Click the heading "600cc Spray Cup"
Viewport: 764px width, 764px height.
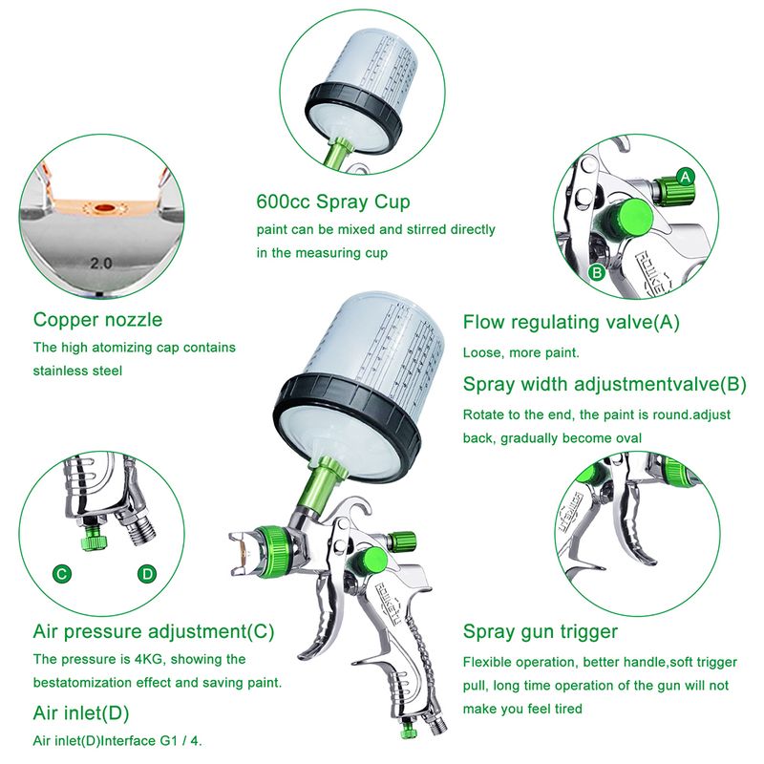tap(333, 202)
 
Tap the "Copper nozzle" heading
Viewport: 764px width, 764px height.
tap(98, 320)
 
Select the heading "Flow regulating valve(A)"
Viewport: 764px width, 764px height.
tap(571, 322)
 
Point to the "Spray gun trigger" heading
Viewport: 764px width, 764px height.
tap(541, 631)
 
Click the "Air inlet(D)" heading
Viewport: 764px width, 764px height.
tap(81, 713)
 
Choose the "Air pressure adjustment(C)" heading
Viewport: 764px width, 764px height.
tap(154, 631)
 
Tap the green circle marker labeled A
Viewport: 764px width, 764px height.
tap(686, 177)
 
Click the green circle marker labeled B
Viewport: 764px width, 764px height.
tap(597, 272)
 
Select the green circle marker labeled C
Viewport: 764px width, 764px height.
tap(62, 574)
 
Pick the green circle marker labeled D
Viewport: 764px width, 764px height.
tap(147, 574)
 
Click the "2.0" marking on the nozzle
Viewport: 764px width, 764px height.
tap(101, 264)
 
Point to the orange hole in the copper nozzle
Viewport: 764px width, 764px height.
tap(104, 208)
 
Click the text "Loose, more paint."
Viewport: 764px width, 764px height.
tap(521, 352)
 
